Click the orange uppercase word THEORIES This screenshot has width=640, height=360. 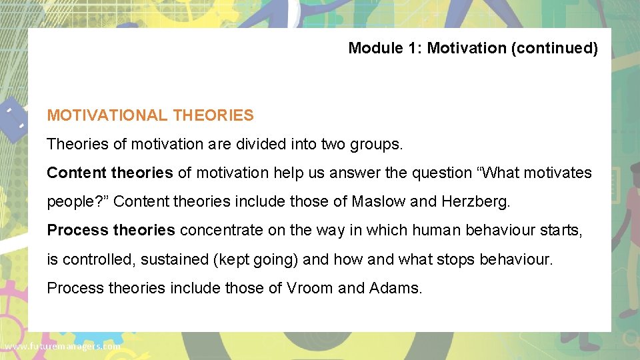(x=213, y=115)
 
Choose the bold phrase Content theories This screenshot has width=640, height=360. (x=109, y=173)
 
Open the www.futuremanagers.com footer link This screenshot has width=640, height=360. (x=62, y=347)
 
